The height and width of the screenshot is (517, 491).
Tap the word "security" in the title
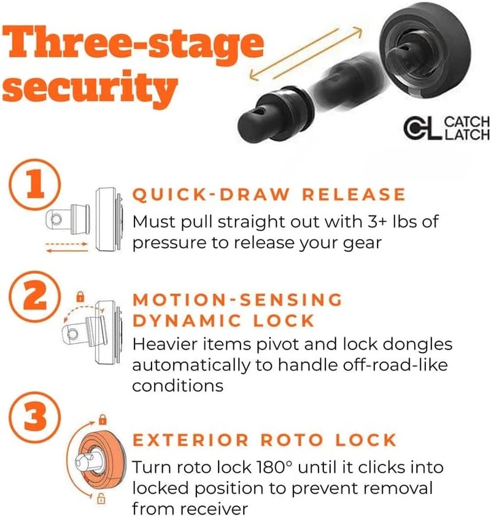click(90, 87)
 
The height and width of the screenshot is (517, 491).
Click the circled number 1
click(34, 185)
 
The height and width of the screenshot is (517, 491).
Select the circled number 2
click(34, 296)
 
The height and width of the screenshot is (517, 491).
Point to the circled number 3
click(34, 418)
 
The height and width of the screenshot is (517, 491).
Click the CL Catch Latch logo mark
click(422, 128)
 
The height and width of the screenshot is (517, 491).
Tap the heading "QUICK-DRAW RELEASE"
click(269, 194)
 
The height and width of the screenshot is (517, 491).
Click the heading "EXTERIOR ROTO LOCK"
click(265, 440)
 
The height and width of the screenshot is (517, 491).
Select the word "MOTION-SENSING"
click(238, 300)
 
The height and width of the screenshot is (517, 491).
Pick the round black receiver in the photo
click(426, 50)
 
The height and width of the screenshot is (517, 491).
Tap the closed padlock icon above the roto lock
click(103, 419)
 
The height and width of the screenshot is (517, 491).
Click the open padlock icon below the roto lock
click(101, 498)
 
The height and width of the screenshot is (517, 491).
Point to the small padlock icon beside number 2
click(80, 296)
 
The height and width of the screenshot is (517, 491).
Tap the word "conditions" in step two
click(178, 385)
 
